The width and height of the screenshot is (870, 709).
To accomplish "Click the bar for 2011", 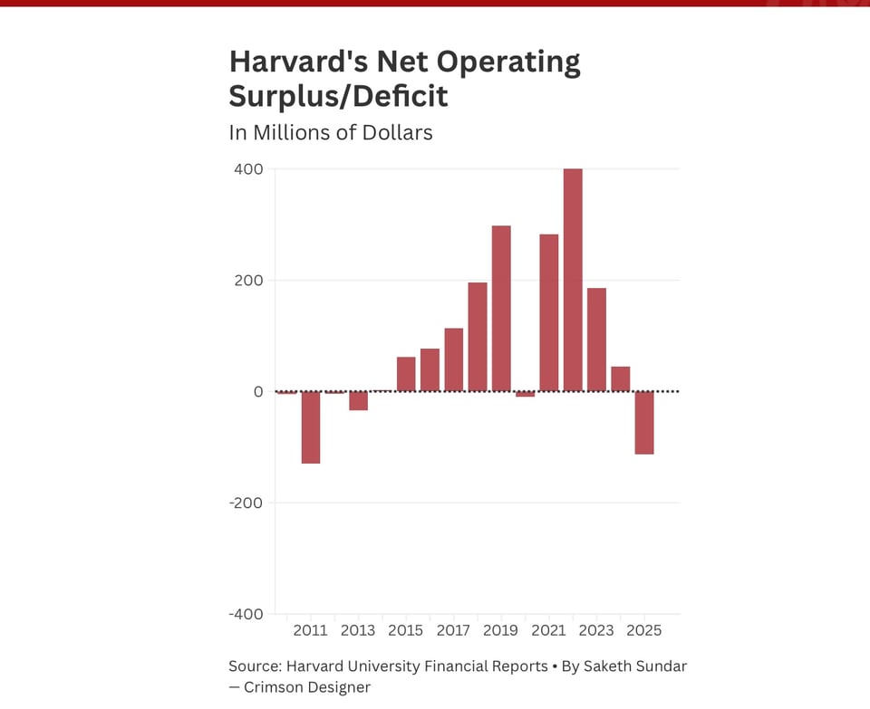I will (311, 426).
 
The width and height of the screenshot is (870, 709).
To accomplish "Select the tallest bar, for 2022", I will (573, 280).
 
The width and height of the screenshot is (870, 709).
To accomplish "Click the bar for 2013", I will (358, 400).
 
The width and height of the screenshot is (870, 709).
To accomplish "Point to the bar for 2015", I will (406, 374).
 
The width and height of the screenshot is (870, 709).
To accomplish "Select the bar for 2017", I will (454, 359).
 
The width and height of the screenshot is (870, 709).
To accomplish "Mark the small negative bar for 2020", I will (526, 394).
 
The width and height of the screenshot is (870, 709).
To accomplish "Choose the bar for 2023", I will (596, 340).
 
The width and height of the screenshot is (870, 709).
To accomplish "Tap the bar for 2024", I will (621, 378).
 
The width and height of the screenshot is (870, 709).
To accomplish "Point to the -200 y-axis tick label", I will (245, 503).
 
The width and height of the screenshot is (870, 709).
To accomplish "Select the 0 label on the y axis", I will (257, 391).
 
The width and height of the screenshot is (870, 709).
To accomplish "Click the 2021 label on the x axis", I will (548, 630).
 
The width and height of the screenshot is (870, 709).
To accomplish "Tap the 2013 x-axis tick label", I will (358, 630).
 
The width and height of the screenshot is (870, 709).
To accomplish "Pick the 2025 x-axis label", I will (644, 630).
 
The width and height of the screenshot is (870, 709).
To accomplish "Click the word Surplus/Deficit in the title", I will (338, 95).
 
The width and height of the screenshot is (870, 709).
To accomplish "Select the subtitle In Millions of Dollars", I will (331, 132).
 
